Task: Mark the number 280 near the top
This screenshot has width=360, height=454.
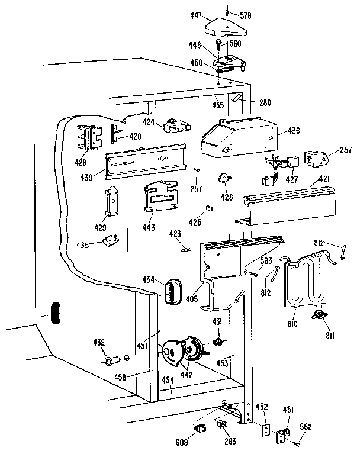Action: click(x=264, y=102)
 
